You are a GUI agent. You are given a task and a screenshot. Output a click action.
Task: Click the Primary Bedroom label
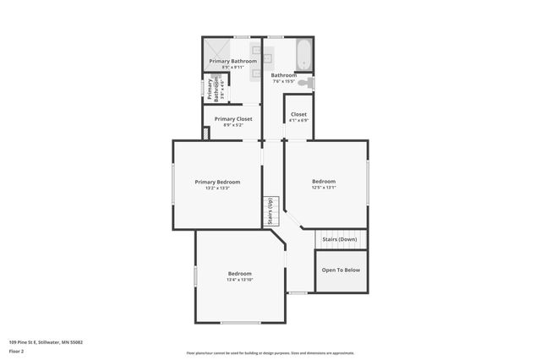(x=217, y=182)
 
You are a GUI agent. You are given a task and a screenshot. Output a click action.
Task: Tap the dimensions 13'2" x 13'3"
(x=217, y=188)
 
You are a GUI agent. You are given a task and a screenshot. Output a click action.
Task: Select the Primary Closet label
(x=233, y=119)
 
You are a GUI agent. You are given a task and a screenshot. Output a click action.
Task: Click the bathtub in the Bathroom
(x=303, y=55)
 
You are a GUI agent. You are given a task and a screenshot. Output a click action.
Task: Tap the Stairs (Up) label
(x=270, y=210)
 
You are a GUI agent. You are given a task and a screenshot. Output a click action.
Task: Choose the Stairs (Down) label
(x=340, y=239)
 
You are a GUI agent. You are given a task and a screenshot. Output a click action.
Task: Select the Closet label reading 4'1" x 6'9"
(x=298, y=120)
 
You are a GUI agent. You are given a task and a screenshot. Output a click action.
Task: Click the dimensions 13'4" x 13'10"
(x=239, y=280)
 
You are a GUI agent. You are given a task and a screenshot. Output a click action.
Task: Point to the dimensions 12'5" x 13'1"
(x=324, y=188)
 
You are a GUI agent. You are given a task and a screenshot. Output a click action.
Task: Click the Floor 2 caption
(x=17, y=351)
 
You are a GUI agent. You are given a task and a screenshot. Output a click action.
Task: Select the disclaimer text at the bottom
(x=270, y=353)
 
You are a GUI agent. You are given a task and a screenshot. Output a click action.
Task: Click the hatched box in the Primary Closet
(x=206, y=134)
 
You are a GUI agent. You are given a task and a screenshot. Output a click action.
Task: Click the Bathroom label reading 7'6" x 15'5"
(x=283, y=81)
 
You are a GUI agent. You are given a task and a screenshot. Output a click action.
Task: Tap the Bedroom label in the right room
(x=324, y=181)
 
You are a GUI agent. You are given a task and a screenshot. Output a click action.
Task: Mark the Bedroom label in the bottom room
(x=239, y=273)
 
